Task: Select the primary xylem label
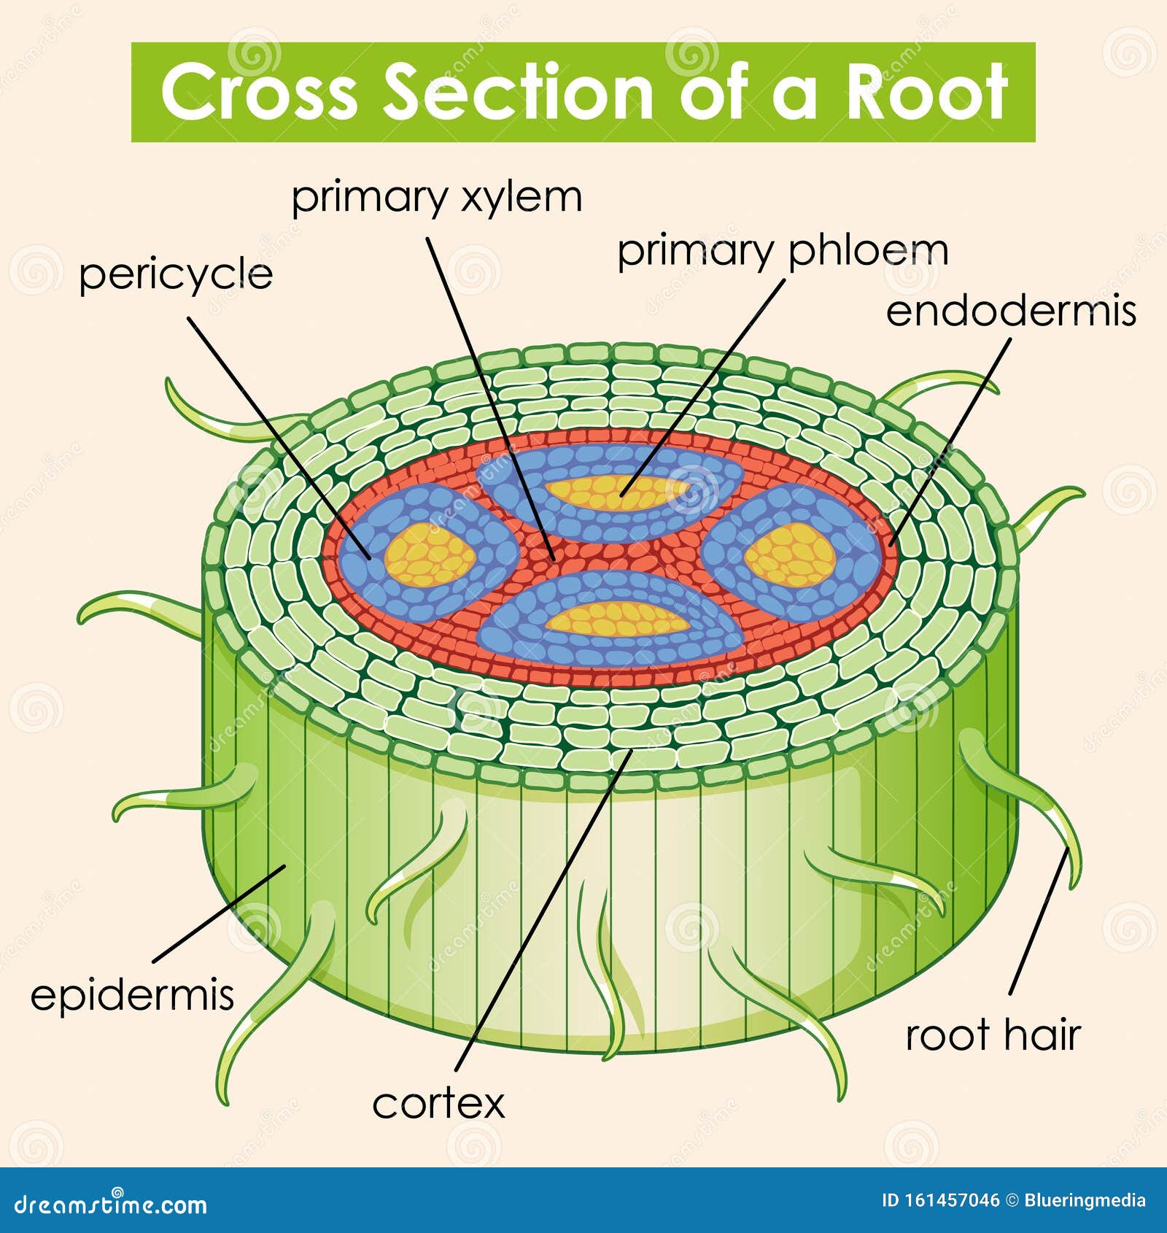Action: pos(436,198)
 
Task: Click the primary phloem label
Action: pos(783,251)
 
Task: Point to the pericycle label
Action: pos(176,275)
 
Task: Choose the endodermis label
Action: pos(1010,311)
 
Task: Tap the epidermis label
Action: pos(132,994)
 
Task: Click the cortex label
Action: pos(438,1104)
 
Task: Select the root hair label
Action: pos(992,1035)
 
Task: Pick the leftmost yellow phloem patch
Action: pos(430,555)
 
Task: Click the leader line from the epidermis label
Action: pos(219,913)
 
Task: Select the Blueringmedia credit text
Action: pos(1085,1200)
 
